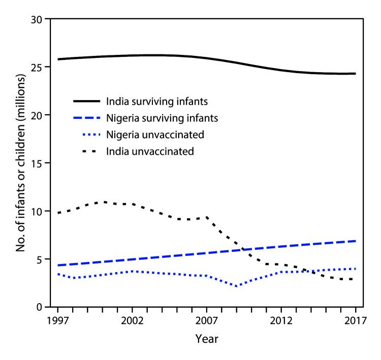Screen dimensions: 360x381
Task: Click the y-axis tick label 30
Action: (37, 19)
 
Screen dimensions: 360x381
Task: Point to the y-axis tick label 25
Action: (37, 67)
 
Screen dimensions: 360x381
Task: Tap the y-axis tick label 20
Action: (37, 115)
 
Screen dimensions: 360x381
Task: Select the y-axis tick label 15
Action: (37, 163)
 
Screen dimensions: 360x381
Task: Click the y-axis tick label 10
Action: (37, 211)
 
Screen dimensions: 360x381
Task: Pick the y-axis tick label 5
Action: (40, 259)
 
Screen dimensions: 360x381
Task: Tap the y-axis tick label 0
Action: (40, 307)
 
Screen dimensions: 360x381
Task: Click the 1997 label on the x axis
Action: (58, 321)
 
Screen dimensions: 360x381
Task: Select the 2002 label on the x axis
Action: (132, 321)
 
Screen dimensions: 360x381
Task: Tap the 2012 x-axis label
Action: (281, 321)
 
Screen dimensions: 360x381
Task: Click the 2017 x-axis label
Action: (355, 321)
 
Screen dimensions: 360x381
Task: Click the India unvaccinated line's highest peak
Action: (102, 202)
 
